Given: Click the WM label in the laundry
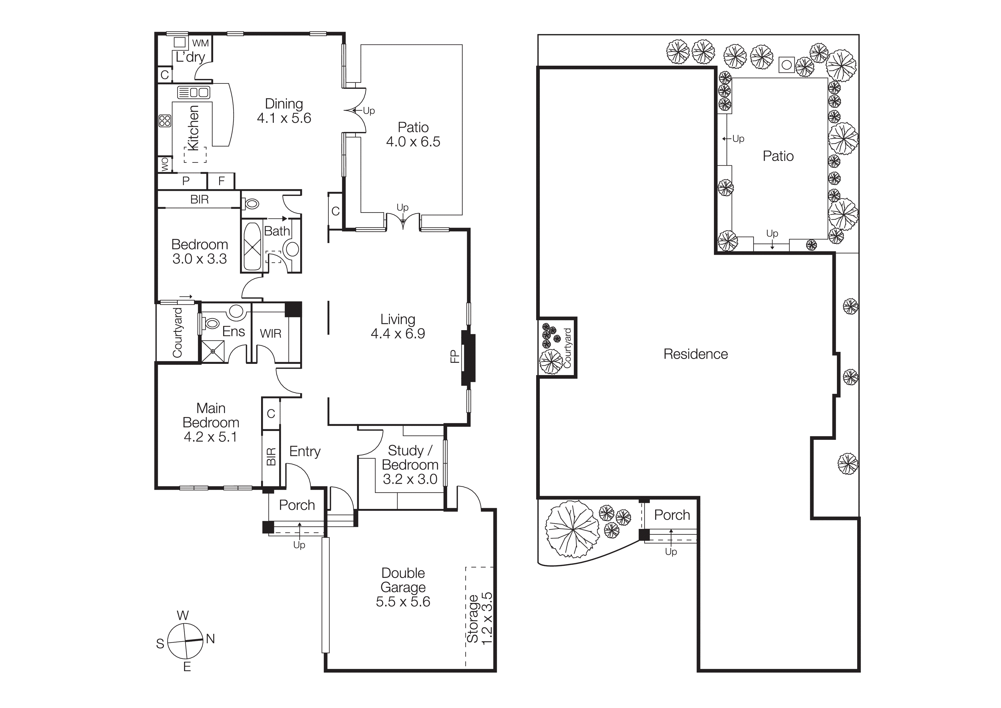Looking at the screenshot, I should pyautogui.click(x=201, y=43).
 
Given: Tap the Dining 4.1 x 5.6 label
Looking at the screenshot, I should pyautogui.click(x=284, y=111).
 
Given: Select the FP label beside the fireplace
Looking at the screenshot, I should pyautogui.click(x=454, y=356).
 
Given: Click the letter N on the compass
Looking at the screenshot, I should pyautogui.click(x=211, y=639).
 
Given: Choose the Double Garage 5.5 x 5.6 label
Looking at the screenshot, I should pyautogui.click(x=403, y=587).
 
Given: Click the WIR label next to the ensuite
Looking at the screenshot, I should pyautogui.click(x=270, y=334).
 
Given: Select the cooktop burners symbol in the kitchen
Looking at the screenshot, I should pyautogui.click(x=165, y=121).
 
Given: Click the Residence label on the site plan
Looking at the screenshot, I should pyautogui.click(x=695, y=354).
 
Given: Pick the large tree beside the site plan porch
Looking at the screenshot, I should pyautogui.click(x=572, y=530).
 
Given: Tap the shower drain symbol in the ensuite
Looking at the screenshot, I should pyautogui.click(x=213, y=352).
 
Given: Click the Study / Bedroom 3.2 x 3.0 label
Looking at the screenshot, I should pyautogui.click(x=410, y=465).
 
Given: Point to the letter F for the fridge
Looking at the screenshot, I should pyautogui.click(x=221, y=181).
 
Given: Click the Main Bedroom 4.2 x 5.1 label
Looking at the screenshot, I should pyautogui.click(x=211, y=422).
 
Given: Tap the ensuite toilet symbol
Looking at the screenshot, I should pyautogui.click(x=211, y=324).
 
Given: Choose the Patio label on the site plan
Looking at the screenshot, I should pyautogui.click(x=778, y=156).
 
